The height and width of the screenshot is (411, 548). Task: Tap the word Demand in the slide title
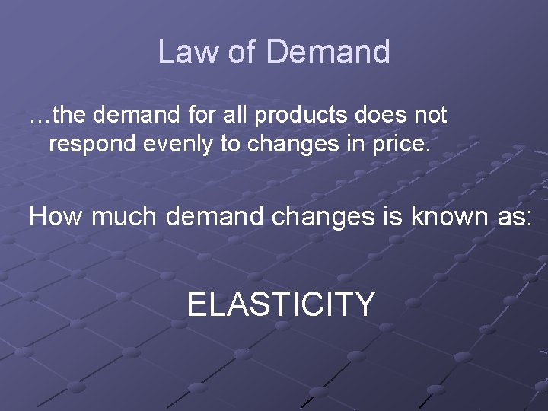point(329,52)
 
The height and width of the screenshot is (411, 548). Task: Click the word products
point(295,116)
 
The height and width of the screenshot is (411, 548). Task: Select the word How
point(56,217)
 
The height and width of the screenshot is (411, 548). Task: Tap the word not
point(428,116)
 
